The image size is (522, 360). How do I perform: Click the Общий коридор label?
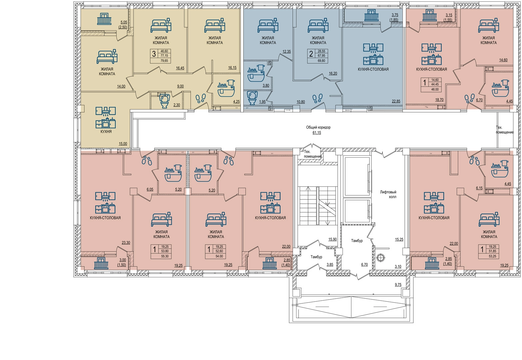pos(318,128)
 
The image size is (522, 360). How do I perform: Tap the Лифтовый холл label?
pos(388,194)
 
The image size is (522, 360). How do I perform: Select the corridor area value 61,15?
pos(317,133)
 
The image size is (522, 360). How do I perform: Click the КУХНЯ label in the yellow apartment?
pos(106,132)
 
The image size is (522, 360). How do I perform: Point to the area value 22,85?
pos(396,101)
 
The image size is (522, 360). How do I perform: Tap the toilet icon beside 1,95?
pos(253,98)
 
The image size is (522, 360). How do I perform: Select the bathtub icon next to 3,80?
pos(256,73)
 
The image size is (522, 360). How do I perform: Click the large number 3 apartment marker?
pos(154,54)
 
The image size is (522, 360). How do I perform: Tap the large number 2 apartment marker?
pos(311,54)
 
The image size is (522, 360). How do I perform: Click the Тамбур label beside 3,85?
pos(316,257)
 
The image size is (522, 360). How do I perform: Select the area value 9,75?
pos(398,285)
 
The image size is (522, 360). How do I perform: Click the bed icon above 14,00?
pos(107,56)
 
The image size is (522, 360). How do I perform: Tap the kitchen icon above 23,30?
pos(105,203)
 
